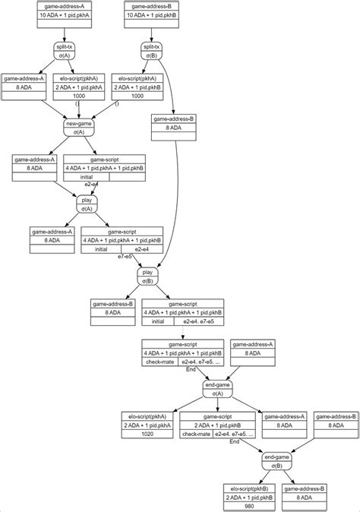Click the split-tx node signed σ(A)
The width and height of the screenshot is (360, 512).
pyautogui.click(x=63, y=51)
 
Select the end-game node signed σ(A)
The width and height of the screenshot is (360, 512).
pyautogui.click(x=217, y=390)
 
